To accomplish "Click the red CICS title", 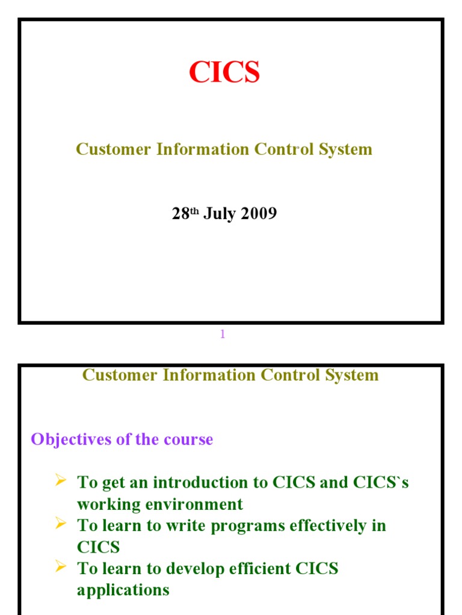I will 224,73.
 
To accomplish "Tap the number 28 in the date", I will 180,214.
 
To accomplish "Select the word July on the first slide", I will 218,214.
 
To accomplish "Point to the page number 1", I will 223,335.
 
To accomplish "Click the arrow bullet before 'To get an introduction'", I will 60,480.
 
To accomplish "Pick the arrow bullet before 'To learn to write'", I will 60,523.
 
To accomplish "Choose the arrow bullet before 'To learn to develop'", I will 60,566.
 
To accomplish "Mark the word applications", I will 123,590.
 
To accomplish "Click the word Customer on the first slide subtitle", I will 114,149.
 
